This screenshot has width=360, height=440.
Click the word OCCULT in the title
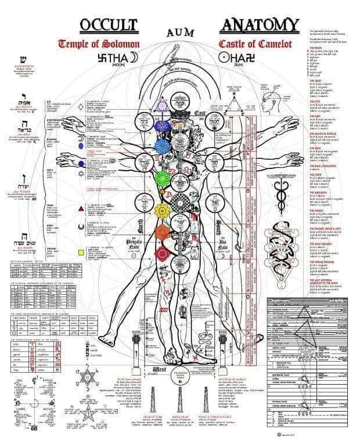(108, 25)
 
